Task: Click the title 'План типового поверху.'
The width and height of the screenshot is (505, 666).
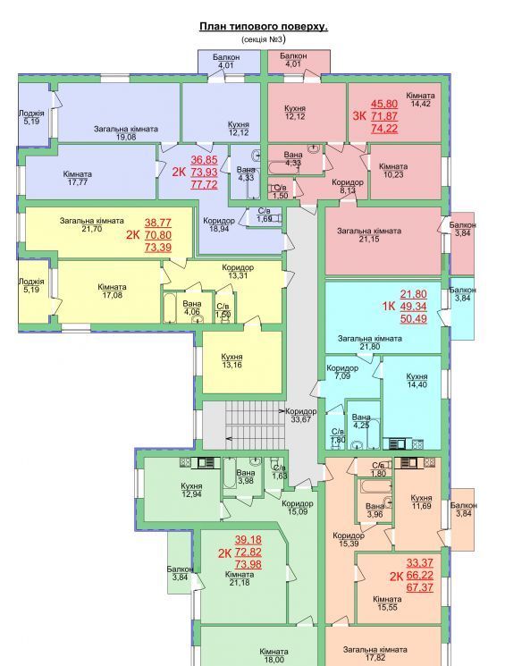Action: pos(264,26)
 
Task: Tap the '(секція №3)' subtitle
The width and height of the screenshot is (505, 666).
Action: pos(264,39)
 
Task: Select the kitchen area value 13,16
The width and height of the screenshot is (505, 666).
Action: pos(231,365)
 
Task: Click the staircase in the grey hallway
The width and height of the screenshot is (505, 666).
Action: pos(255,424)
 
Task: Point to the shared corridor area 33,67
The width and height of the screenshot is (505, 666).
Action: pos(300,419)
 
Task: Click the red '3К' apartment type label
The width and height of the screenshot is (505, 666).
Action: pos(359,115)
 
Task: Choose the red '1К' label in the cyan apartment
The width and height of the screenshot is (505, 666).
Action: pos(389,306)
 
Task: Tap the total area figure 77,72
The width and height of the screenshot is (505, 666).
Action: pos(204,184)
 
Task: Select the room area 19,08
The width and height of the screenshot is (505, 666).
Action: pos(126,137)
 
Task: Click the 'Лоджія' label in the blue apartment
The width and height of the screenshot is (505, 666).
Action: pos(31,114)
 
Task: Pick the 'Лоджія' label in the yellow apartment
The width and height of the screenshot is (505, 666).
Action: pos(31,282)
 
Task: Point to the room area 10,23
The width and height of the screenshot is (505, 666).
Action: pos(393,174)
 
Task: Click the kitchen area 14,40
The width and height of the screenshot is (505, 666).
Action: pos(417,384)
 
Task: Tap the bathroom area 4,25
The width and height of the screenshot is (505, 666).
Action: pos(361,425)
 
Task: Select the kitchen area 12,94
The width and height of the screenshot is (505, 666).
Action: pos(191,494)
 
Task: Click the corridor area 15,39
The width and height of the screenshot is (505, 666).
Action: pos(349,544)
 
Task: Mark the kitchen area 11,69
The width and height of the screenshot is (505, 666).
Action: pos(421,506)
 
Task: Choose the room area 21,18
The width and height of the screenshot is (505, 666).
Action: pos(240,582)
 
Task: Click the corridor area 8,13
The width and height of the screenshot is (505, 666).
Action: pos(348,190)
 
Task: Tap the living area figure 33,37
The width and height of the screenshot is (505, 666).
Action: pos(419,563)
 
